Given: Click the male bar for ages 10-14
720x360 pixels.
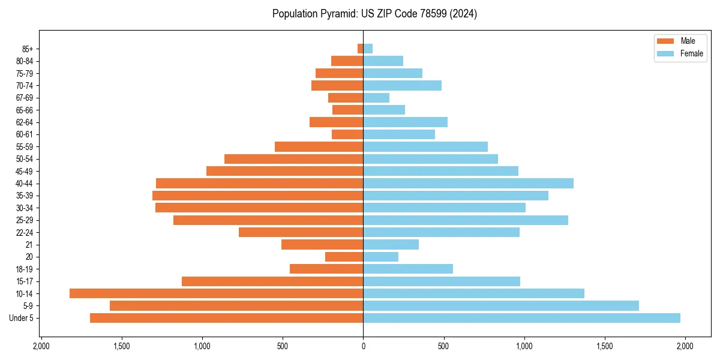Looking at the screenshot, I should [216, 293].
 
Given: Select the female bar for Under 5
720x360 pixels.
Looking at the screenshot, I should [521, 318].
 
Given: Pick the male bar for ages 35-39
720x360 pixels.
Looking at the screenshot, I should [257, 196].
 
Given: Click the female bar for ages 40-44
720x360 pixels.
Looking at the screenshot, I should [468, 183].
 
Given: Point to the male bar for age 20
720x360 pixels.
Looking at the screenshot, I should [344, 257].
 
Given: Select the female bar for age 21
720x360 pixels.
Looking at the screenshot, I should [391, 244].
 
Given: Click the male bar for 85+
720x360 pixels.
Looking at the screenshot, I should [360, 49].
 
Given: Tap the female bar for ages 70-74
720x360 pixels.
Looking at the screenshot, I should [402, 85].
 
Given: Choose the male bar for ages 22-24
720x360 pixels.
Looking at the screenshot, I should [301, 232].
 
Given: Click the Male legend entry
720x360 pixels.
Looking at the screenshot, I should [679, 41].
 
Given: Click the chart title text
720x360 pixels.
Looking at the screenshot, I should [374, 14].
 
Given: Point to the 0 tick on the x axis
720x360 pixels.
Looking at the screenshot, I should [363, 346].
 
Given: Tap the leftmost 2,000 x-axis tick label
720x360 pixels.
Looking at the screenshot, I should [41, 346].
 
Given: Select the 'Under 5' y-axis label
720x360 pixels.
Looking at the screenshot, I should [21, 318].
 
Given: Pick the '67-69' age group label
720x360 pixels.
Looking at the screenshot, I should [25, 98].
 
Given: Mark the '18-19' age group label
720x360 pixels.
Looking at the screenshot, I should [25, 269].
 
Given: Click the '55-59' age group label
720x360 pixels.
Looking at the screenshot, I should [25, 146].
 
